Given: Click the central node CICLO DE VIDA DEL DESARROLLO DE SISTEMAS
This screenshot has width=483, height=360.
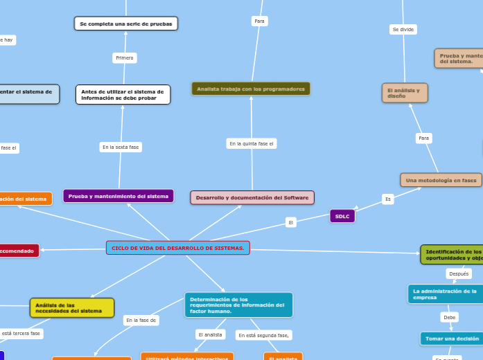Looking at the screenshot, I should [177, 248].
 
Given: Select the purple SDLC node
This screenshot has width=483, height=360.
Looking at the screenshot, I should [342, 216].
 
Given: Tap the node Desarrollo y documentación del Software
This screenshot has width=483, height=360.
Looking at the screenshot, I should [252, 197].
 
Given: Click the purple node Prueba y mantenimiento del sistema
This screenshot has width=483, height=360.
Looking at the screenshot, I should [118, 196].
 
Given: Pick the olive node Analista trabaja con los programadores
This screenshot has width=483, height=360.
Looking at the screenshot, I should [251, 89].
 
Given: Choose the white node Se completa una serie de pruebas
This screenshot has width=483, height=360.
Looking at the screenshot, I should [126, 24].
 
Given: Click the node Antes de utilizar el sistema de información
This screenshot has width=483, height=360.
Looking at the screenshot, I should [123, 94].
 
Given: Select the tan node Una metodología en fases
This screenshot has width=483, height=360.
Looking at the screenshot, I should [441, 180].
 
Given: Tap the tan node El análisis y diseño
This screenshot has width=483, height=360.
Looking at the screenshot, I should [405, 93].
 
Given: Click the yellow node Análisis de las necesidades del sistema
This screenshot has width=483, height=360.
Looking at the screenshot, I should [72, 307].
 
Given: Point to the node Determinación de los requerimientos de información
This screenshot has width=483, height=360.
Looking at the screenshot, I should [238, 305].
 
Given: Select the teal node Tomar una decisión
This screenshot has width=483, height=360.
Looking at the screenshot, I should [452, 339].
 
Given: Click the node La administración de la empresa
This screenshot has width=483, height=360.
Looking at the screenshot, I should [445, 294].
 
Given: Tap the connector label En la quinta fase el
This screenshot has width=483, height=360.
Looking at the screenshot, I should [252, 143].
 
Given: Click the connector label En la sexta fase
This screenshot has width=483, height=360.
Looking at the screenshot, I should [121, 147].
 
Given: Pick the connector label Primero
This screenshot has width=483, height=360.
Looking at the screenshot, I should [125, 57].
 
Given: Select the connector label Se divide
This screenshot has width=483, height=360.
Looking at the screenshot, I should [403, 29].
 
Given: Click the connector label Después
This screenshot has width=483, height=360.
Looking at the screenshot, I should [459, 273].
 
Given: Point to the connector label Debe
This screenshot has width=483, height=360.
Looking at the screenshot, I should [450, 317].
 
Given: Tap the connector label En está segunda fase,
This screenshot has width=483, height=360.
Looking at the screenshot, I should [263, 335].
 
